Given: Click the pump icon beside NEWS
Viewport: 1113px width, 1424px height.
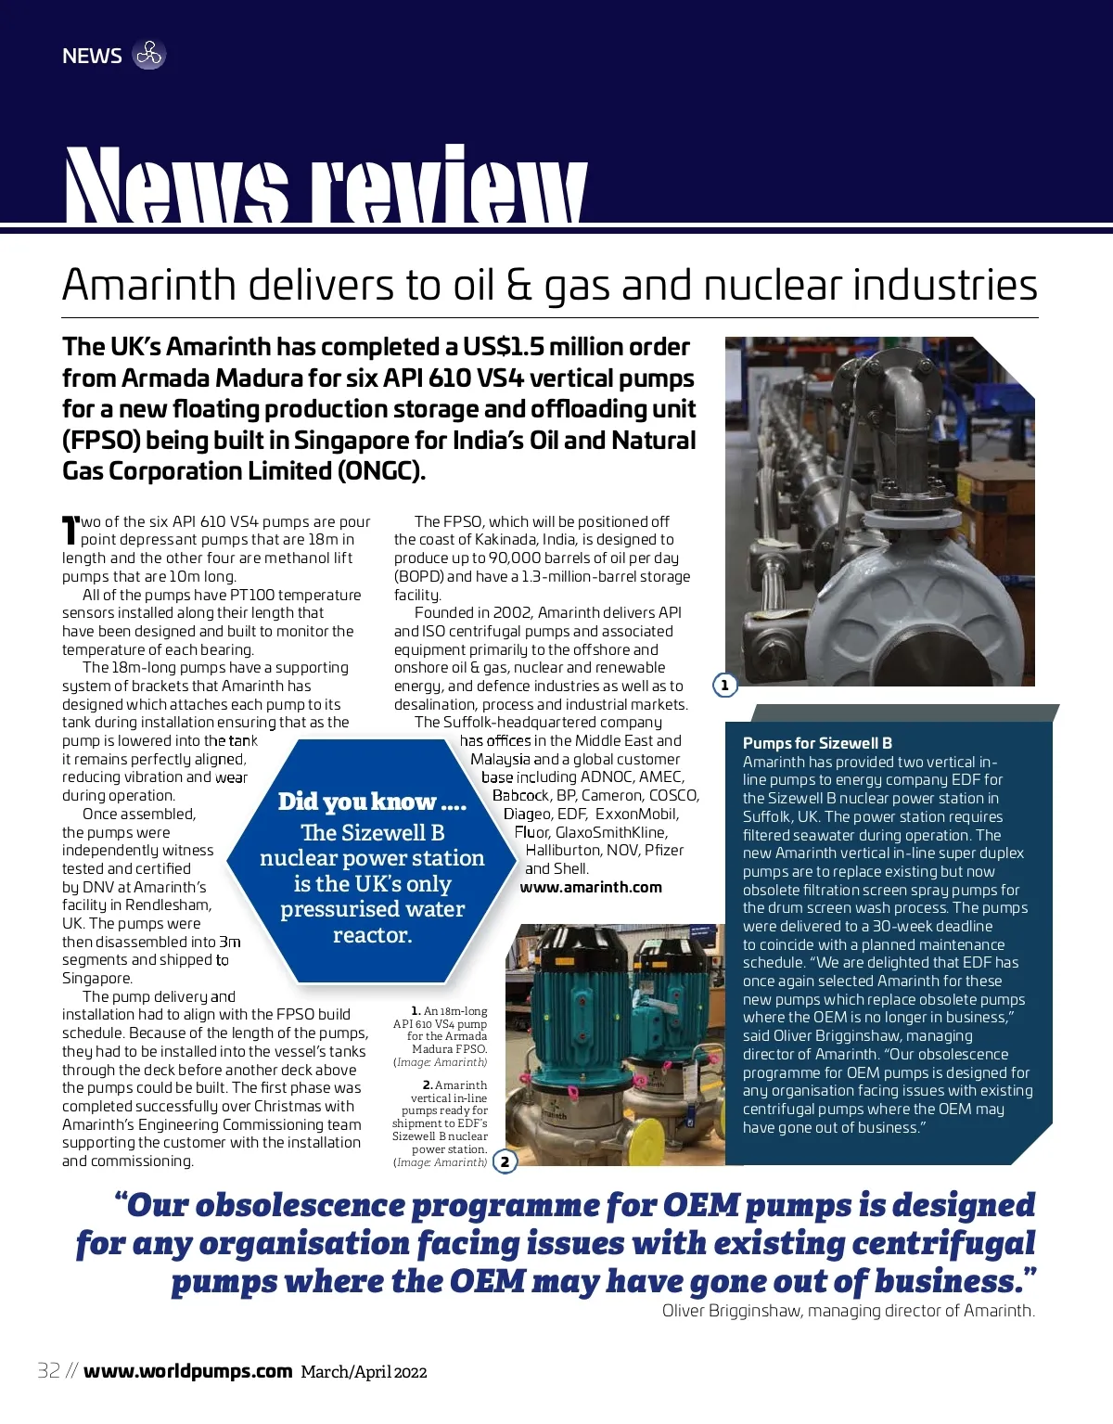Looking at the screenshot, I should pos(148,55).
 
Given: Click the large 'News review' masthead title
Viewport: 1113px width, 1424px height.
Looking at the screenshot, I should pos(325,186).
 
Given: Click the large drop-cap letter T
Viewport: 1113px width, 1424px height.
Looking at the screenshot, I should pos(70,531).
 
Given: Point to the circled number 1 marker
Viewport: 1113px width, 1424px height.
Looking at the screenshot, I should pos(724,686).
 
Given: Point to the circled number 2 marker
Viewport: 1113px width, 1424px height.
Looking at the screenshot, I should pos(505,1161).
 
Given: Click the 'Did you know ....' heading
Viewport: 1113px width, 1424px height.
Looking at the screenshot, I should pos(372,802).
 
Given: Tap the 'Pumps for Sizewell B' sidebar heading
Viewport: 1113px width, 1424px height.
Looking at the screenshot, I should pos(817,743).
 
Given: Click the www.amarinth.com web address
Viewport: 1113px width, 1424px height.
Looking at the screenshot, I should pos(591,887).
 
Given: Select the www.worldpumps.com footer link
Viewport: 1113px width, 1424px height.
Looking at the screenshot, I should pos(187,1371).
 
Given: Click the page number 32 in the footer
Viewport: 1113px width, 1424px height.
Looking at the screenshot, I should pos(49,1371).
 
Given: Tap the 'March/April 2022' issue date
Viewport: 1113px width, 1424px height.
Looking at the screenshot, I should pos(364,1372).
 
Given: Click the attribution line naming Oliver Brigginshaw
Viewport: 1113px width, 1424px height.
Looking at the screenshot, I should pos(848,1311).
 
